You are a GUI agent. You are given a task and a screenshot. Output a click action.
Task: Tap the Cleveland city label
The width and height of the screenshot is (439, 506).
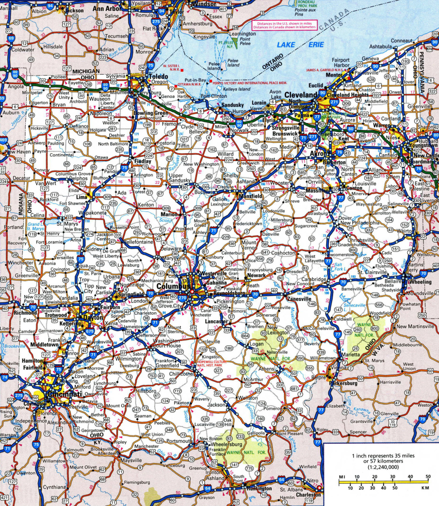click(299, 95)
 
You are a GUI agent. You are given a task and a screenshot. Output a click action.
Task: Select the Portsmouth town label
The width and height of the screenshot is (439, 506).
click(179, 441)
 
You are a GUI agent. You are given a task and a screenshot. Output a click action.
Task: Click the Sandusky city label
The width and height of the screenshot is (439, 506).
click(232, 105)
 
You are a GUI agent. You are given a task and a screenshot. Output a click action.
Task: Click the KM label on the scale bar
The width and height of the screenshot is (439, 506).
click(425, 488)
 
